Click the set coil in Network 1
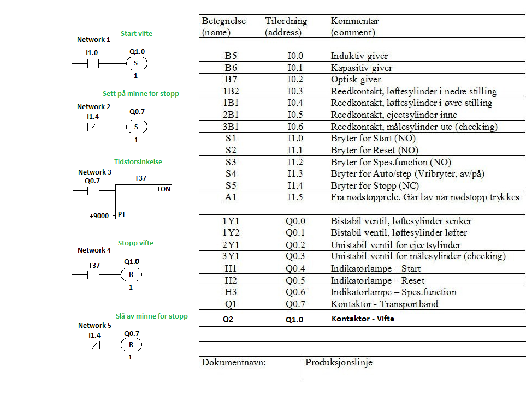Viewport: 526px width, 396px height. point(136,63)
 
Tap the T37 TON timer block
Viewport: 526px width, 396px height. point(144,202)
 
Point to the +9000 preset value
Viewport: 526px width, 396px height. point(100,215)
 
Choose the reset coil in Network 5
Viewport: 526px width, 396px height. point(131,345)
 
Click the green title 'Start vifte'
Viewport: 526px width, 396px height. point(137,33)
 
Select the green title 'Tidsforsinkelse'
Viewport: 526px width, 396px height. point(138,161)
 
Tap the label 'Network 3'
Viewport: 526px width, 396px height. point(95,172)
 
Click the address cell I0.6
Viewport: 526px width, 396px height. point(295,127)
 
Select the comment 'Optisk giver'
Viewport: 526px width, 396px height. point(356,80)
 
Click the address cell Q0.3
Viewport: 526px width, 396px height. point(295,256)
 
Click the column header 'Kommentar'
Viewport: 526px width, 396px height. point(354,21)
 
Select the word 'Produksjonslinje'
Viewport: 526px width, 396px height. point(339,363)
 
